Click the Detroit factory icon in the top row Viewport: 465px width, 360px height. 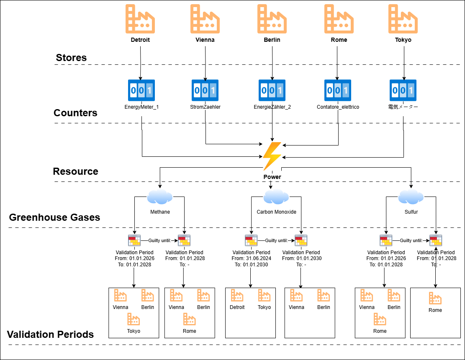coord(140,19)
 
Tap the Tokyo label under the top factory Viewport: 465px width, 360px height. coord(403,40)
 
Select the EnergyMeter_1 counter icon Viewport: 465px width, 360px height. coord(141,90)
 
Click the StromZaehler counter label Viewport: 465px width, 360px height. coord(205,107)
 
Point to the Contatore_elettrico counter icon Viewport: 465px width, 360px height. coord(338,90)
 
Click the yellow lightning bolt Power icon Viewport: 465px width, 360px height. coord(272,156)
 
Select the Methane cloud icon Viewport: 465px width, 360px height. coord(160,196)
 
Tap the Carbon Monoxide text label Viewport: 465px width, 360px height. coord(276,212)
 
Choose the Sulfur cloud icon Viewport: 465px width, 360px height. coord(411,196)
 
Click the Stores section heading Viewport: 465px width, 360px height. coord(71,58)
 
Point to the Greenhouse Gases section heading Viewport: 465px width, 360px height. coord(54,217)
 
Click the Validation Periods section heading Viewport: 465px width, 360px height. coord(50,334)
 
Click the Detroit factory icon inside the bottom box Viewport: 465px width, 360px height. coord(237,296)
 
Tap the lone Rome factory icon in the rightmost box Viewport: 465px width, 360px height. coord(435,299)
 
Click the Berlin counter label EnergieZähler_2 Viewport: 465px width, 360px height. coord(272,107)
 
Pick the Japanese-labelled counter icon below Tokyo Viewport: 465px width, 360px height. coord(403,90)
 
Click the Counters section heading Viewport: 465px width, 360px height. coord(75,113)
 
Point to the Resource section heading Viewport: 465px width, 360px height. coord(75,171)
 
